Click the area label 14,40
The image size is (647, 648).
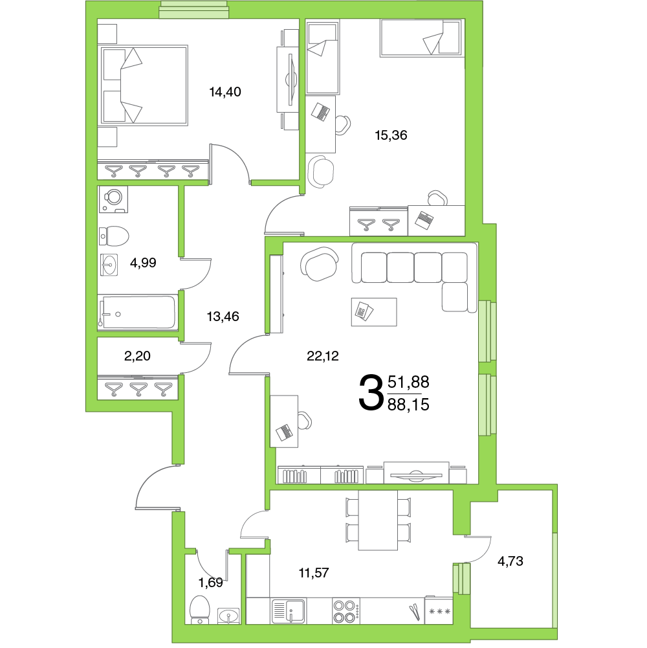(225, 92)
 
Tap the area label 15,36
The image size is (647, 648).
(391, 135)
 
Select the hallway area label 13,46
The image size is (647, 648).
(223, 317)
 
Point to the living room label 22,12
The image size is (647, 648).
(323, 356)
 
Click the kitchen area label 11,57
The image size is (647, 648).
(314, 573)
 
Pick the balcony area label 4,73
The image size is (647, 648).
(510, 561)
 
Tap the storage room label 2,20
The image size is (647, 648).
(137, 356)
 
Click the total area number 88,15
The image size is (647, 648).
(408, 405)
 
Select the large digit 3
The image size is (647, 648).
(371, 392)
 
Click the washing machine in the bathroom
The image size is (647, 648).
(113, 199)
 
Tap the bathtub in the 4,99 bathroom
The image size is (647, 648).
(138, 313)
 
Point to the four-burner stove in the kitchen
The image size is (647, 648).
(345, 611)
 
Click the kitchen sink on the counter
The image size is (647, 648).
(289, 611)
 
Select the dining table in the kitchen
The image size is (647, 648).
(378, 520)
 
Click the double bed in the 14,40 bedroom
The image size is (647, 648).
(143, 85)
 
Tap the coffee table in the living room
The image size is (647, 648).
(374, 312)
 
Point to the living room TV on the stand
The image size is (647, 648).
(416, 475)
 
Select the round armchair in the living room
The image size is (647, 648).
(320, 263)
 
